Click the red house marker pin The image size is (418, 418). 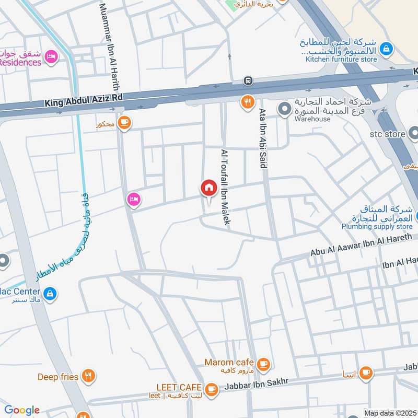(208, 189)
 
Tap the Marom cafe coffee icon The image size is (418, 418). (264, 363)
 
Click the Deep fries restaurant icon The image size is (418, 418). (89, 376)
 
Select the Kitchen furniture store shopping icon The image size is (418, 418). (386, 49)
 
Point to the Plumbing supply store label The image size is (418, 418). (377, 227)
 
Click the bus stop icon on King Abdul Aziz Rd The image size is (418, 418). (248, 81)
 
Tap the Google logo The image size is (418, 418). (22, 410)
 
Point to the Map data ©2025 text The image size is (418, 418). (390, 413)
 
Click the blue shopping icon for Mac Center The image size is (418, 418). (50, 294)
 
